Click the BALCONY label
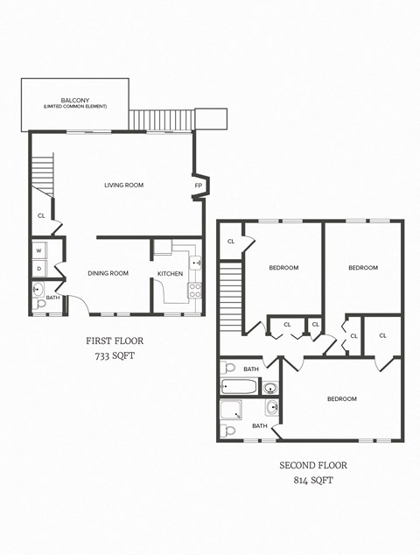coord(74,100)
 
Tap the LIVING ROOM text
coord(123,185)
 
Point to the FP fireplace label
coord(198,186)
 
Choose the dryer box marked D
coord(39,268)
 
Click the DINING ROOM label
coord(108,273)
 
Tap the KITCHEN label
coord(170,274)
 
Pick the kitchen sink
coord(196,262)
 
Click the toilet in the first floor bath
coord(38,289)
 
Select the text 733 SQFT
coord(114,357)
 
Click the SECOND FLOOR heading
coord(312,465)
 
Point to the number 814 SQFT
coord(312,481)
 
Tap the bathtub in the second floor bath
coord(239,386)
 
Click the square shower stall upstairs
coord(232,410)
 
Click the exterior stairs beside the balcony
coord(161,119)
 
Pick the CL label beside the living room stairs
coord(41,215)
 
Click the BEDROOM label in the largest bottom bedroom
coord(341,399)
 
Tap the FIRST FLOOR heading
coord(114,341)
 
